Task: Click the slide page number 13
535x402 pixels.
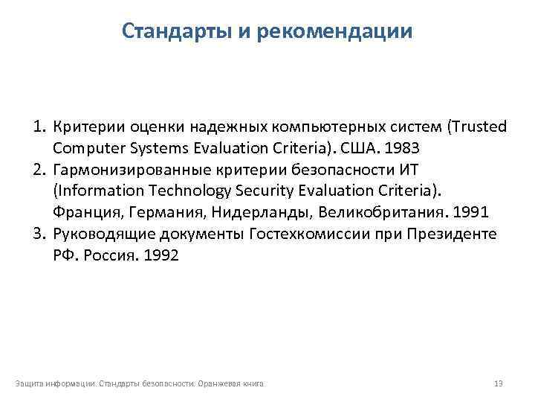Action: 499,383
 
